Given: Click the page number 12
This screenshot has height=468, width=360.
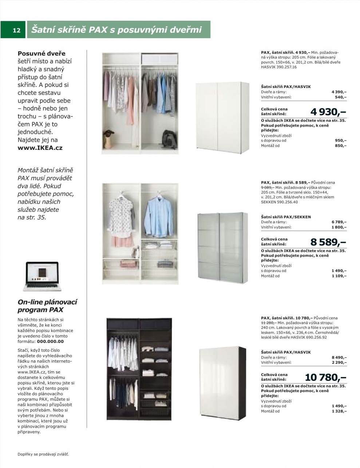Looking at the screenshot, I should pyautogui.click(x=17, y=31).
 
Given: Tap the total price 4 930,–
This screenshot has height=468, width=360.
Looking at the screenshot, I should pyautogui.click(x=328, y=111).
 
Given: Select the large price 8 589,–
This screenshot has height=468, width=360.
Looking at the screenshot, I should pyautogui.click(x=328, y=242).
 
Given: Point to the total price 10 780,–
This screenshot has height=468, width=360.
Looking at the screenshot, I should pyautogui.click(x=325, y=377).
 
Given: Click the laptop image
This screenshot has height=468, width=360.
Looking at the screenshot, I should pyautogui.click(x=41, y=276).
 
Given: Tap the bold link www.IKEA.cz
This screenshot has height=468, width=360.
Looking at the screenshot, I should pyautogui.click(x=40, y=148).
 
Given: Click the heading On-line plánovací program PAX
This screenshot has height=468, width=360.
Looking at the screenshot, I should pyautogui.click(x=47, y=306).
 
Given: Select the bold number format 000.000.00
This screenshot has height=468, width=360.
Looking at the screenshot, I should pyautogui.click(x=52, y=341).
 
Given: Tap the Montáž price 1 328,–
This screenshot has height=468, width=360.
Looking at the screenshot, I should pyautogui.click(x=339, y=411).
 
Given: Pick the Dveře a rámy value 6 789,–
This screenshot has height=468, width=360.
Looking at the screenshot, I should pyautogui.click(x=339, y=222).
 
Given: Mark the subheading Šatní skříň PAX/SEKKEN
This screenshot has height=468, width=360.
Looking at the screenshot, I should pyautogui.click(x=286, y=217).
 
